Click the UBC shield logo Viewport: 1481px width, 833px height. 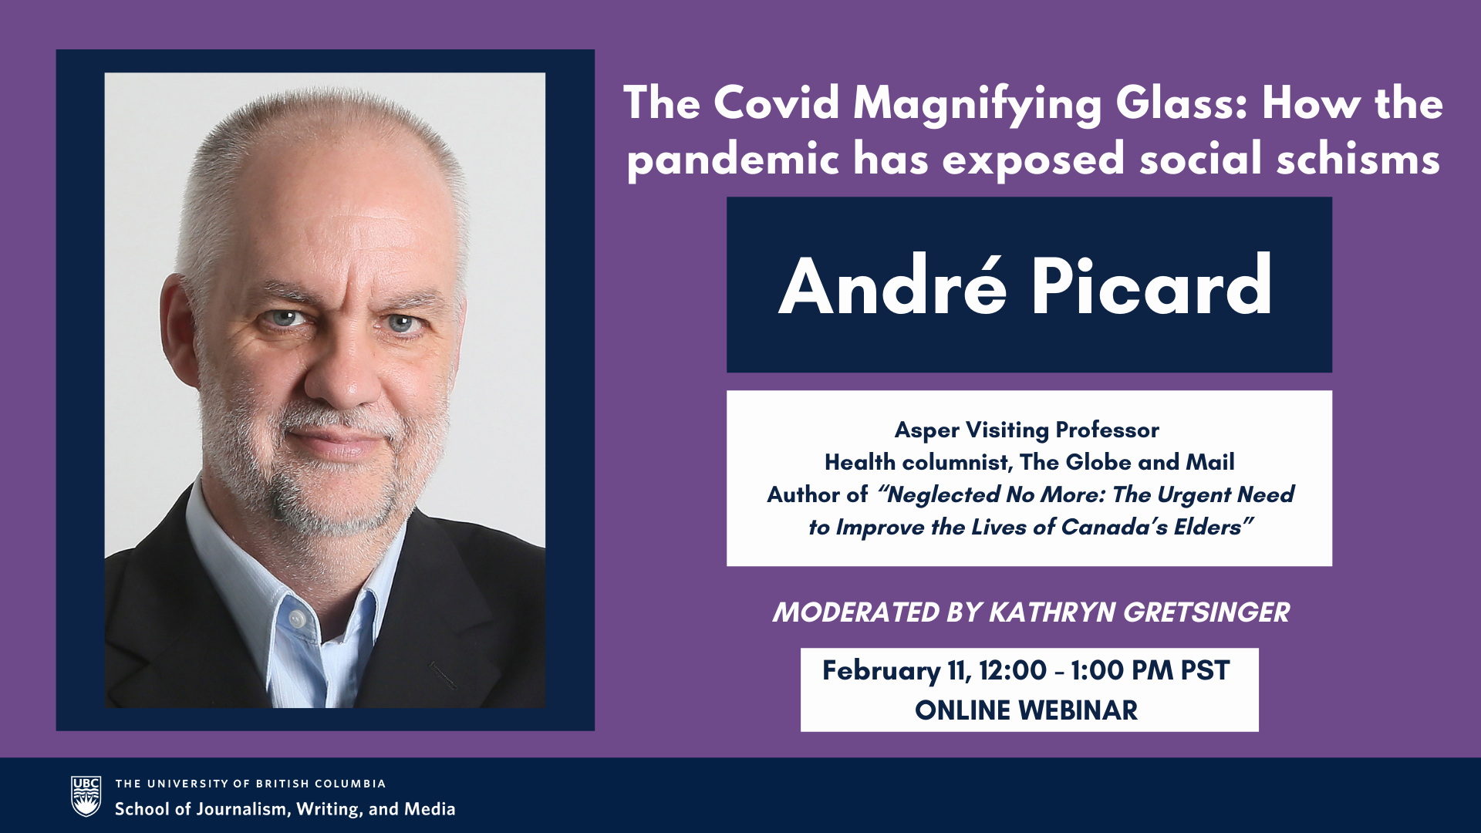[86, 796]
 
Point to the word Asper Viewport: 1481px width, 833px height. [927, 430]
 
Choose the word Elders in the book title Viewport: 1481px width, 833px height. [1208, 527]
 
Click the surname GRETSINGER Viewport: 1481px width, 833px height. [1206, 612]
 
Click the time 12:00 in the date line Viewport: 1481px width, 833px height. [1013, 671]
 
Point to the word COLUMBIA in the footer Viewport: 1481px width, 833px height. [350, 784]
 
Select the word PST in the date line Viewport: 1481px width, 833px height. [1205, 671]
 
